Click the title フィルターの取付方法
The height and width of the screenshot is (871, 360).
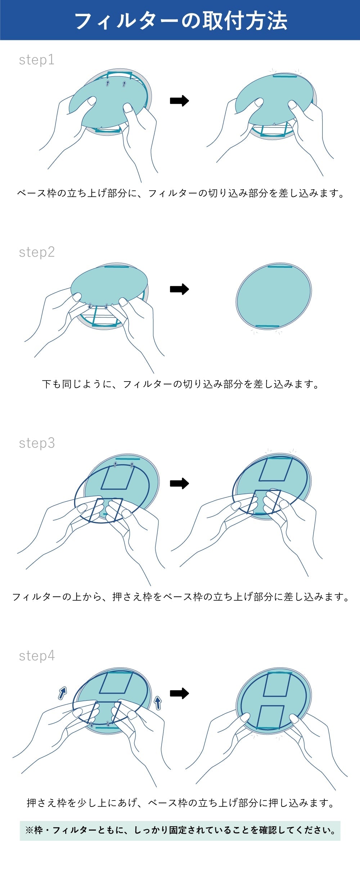tap(180, 21)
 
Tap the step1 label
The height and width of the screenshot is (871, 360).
tap(36, 60)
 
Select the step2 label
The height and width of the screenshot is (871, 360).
tap(37, 252)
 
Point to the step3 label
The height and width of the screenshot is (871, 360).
tap(37, 443)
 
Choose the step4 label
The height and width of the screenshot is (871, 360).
tap(37, 656)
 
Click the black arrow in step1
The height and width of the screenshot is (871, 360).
tap(179, 101)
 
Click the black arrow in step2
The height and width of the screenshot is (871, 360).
tap(179, 289)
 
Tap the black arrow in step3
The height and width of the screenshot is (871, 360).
tap(179, 483)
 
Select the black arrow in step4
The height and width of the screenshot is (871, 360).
tap(179, 693)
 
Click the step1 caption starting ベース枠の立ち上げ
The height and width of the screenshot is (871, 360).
tap(180, 194)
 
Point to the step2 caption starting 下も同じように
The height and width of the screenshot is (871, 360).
tap(180, 384)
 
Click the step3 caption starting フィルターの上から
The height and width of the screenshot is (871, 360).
tap(180, 597)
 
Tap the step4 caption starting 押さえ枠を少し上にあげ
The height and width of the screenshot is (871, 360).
tap(180, 803)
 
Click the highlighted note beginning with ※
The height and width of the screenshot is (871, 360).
tap(180, 831)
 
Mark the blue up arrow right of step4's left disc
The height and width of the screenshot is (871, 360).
tap(158, 702)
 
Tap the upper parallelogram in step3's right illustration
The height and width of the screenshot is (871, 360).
tap(275, 469)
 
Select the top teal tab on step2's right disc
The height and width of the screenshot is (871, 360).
tap(280, 267)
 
